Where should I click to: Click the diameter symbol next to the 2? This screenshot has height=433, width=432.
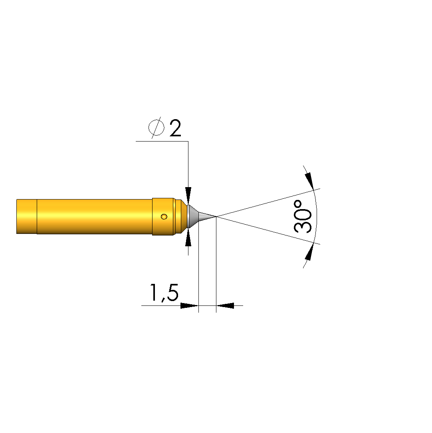(157, 128)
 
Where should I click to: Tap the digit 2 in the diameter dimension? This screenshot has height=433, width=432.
(175, 128)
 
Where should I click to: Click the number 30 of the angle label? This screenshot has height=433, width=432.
(302, 221)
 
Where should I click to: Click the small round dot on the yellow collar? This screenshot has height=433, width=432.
(164, 217)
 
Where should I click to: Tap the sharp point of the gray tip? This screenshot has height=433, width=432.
(216, 217)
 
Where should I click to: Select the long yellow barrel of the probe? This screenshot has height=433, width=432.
(95, 217)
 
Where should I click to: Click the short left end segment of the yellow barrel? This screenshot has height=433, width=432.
(27, 217)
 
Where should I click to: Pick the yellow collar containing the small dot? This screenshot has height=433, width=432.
(163, 217)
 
